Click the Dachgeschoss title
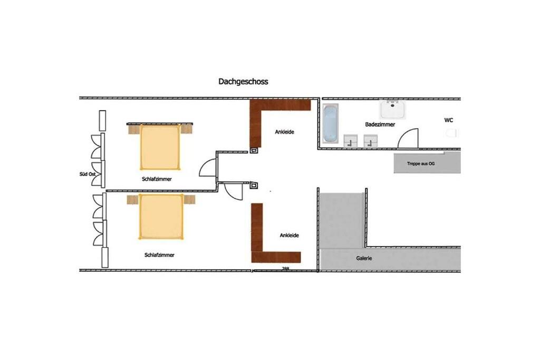pos(243,82)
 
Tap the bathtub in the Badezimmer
pos(331,123)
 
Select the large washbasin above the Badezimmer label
pos(392,110)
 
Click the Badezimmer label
pos(380,124)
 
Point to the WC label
pos(448,120)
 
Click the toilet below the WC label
pos(452,133)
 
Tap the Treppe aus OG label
pos(420,163)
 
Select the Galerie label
pos(364,258)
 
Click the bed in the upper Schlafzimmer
pos(160,147)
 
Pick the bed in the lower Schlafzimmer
pos(161,217)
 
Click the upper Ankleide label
pos(284,132)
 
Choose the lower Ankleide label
pos(290,236)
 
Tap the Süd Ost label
pos(88,174)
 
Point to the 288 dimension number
pos(285,268)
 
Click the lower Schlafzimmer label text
pos(159,255)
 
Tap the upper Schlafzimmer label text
pos(157,179)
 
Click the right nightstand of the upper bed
pos(186,129)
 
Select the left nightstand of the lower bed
pos(132,200)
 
